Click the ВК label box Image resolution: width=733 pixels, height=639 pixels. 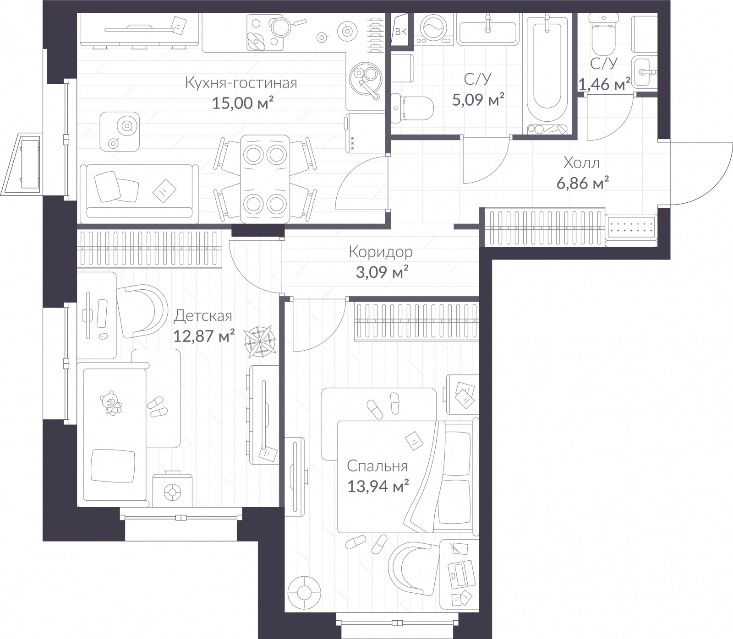(400, 31)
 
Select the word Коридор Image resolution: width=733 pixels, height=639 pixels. (380, 252)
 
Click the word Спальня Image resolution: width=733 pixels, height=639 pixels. (377, 466)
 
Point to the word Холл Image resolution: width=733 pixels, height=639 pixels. (581, 162)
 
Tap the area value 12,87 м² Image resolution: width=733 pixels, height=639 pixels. (204, 336)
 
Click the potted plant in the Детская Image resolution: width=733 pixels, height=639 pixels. (260, 341)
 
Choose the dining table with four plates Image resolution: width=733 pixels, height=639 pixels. (265, 179)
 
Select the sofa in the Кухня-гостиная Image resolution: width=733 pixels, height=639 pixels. (139, 192)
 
